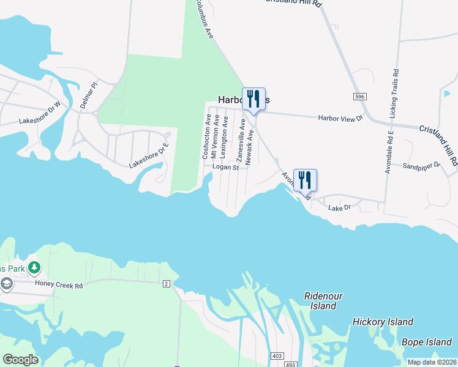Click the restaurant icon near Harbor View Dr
pos(253,98)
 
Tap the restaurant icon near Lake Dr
pos(305,180)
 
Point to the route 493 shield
pos(289,363)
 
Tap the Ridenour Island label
pos(323,301)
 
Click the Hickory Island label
pos(383,322)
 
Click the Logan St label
pos(225,167)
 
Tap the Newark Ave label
pos(249,147)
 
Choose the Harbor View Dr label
pos(340,117)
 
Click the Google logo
pos(20,360)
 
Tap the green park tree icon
pos(35,268)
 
